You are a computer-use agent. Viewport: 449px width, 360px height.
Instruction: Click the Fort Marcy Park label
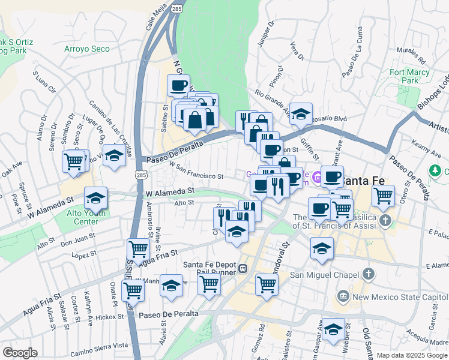pyautogui.click(x=403, y=76)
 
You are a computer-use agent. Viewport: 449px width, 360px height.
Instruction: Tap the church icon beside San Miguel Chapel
pyautogui.click(x=368, y=274)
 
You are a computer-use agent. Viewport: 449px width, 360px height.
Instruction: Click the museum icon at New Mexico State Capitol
pyautogui.click(x=342, y=295)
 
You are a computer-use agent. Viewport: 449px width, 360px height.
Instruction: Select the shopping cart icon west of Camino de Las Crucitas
pyautogui.click(x=75, y=160)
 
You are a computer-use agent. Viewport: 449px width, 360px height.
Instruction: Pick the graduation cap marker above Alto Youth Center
pyautogui.click(x=95, y=197)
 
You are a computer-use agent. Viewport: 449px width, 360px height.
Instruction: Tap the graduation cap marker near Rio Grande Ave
pyautogui.click(x=301, y=112)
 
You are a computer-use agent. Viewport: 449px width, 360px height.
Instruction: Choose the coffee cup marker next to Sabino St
pyautogui.click(x=178, y=85)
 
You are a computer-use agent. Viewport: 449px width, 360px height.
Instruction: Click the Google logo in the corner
pyautogui.click(x=19, y=353)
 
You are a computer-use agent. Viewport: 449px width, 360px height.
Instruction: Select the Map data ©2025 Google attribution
pyautogui.click(x=411, y=355)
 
